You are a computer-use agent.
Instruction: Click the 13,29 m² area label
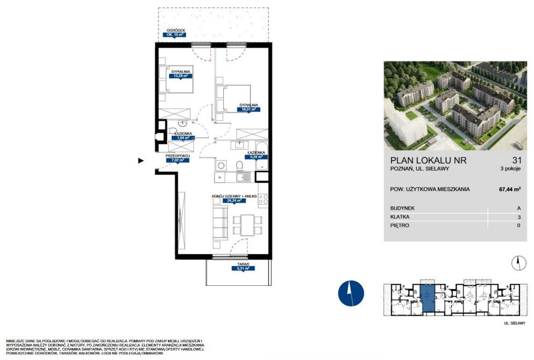pos(181,76)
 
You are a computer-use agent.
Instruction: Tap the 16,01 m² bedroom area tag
pos(248,109)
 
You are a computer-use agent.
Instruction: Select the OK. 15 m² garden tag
pos(174,35)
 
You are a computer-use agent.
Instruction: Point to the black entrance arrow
pos(141,161)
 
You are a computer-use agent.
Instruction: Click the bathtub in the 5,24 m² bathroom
pos(262,156)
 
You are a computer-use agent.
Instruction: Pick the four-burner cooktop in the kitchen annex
pos(263,199)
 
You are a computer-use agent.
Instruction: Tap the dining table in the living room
pos(247,225)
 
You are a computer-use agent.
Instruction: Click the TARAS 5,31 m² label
pos(243,267)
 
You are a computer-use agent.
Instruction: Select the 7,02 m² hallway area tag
pos(178,160)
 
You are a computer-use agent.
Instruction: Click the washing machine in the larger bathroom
pos(221,166)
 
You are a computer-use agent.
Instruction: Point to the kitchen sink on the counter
pos(243,177)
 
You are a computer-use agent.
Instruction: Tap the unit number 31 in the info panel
pos(517,160)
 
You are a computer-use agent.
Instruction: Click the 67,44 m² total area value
pos(510,189)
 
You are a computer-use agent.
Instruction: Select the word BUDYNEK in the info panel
pos(403,208)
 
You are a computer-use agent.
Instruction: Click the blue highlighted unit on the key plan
pos(428,300)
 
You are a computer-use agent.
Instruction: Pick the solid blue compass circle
pos(351,293)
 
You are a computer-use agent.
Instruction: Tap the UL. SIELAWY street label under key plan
pos(515,323)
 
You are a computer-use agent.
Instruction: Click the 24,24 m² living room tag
pos(234,201)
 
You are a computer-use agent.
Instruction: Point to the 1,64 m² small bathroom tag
pos(183,138)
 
